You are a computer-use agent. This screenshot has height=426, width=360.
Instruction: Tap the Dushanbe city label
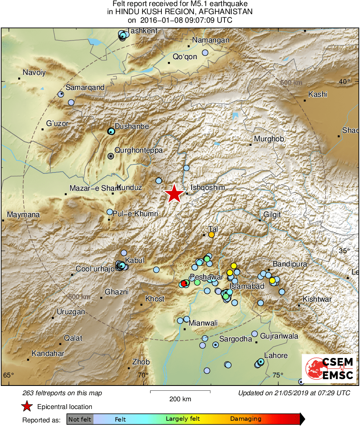pos(132,126)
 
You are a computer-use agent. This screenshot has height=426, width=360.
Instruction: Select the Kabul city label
pos(135,260)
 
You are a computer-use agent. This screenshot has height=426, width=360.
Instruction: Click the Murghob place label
pos(269,139)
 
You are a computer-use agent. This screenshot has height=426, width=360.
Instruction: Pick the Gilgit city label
pos(272,215)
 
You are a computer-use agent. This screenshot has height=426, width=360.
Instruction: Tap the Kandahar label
pos(48,354)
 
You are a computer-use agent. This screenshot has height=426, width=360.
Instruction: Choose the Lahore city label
pos(276,356)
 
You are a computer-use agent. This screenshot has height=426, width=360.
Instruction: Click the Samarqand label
pos(85,87)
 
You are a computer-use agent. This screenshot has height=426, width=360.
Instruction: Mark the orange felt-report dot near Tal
pos(212,234)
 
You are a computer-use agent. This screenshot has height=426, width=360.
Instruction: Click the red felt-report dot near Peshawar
pos(184,283)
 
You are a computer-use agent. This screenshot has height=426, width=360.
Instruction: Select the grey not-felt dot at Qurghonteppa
pos(111,155)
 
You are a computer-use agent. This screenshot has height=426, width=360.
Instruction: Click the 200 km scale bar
pos(180,392)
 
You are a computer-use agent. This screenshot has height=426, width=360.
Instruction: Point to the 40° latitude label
pos(345,82)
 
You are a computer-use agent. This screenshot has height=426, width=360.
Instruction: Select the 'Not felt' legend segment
pos(80,419)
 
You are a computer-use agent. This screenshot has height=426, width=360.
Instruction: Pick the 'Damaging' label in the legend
pos(246,419)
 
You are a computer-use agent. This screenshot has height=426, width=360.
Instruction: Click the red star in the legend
pos(27,407)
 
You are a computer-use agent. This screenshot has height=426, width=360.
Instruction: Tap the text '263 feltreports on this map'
pos(63,393)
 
